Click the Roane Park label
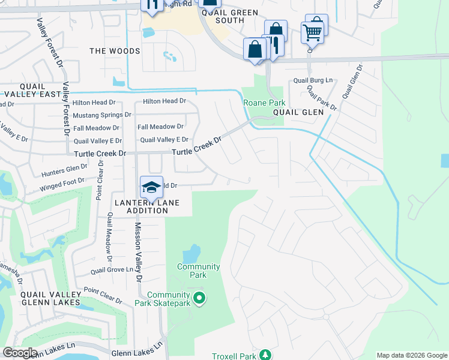tap(263, 103)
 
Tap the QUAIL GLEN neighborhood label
tap(298, 112)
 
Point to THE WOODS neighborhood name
tap(115, 51)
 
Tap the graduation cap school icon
tap(151, 187)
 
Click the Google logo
tap(20, 353)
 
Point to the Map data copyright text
tap(411, 355)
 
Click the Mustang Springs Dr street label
tap(102, 115)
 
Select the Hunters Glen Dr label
tap(65, 171)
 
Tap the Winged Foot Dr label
tap(62, 184)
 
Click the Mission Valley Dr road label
tap(137, 252)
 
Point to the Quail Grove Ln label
tap(112, 270)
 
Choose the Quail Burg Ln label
tap(313, 80)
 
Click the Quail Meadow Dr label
tap(110, 238)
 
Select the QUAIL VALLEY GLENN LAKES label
tap(50, 298)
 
